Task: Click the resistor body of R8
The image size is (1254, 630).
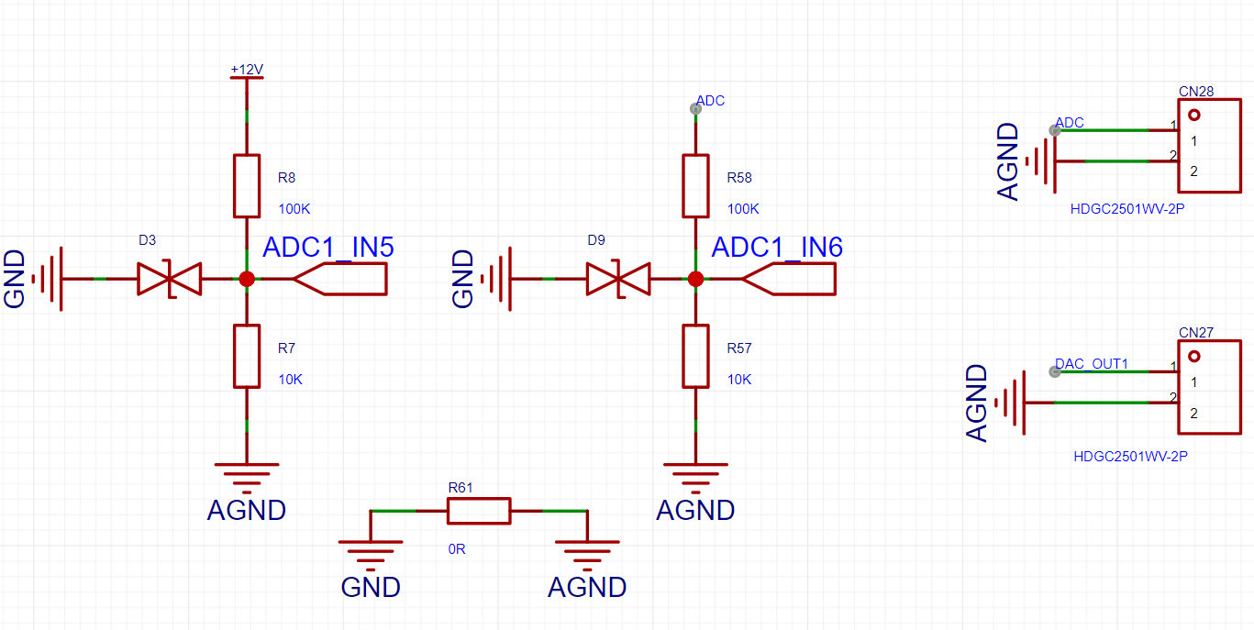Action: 247,186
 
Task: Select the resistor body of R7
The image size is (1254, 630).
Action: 247,357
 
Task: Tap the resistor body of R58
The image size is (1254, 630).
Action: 695,186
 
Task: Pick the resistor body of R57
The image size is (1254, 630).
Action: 695,357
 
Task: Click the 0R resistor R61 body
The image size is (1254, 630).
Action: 479,511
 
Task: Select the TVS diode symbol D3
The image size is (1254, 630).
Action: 169,279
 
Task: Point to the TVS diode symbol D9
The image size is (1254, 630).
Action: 618,279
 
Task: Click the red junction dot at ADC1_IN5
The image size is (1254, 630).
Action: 247,279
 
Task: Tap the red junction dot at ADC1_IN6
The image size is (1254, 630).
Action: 695,279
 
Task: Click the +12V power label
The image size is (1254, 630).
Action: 247,70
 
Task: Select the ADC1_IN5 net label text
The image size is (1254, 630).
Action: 328,248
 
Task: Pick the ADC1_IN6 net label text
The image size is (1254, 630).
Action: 777,248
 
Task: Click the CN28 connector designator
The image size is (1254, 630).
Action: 1196,91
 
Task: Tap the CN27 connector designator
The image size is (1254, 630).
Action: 1196,332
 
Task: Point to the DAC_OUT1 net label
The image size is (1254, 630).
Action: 1091,364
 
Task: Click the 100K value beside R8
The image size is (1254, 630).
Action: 294,209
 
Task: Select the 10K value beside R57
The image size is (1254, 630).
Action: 739,380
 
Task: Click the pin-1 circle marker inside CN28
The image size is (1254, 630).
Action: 1194,116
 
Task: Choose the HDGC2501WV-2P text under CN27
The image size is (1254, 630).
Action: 1130,457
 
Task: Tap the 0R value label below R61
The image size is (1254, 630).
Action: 457,549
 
